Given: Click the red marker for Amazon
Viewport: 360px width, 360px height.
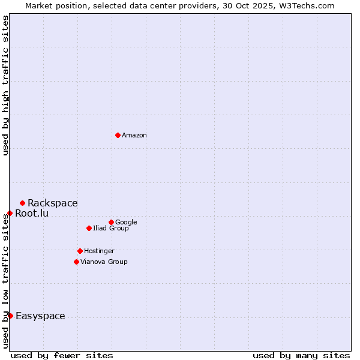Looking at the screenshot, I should pos(118,135).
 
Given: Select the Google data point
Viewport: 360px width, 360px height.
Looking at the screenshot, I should pos(111,222).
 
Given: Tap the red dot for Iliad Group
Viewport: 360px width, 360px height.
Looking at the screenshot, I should pos(89,228).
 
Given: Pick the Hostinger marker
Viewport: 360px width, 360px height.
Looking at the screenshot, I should pos(80,251).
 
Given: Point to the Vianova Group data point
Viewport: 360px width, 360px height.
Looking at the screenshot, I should pos(76,262).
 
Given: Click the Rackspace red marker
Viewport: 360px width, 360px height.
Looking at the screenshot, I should pos(22,203).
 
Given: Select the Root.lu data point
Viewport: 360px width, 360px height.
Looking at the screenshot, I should pos(10,213).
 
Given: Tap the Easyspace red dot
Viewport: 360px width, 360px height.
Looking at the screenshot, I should pos(10,316).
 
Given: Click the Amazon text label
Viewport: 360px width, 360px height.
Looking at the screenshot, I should pos(134,136).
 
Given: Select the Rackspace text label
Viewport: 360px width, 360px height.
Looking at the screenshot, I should pos(52,203).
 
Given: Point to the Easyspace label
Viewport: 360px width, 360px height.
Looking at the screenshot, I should pos(40,316).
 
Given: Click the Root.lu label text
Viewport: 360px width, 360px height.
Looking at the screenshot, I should pos(32,213).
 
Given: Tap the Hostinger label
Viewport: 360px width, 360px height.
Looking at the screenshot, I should pos(99,251).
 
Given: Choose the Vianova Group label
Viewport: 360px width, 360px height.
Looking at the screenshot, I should pos(104,262).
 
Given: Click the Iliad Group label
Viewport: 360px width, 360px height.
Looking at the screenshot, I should pos(110,228).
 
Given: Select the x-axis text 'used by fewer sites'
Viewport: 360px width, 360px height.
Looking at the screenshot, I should pos(62,355).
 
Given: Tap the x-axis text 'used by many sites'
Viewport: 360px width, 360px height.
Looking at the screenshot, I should pos(301,355).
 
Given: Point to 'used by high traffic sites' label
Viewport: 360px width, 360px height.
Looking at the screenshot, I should pos(5,85).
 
